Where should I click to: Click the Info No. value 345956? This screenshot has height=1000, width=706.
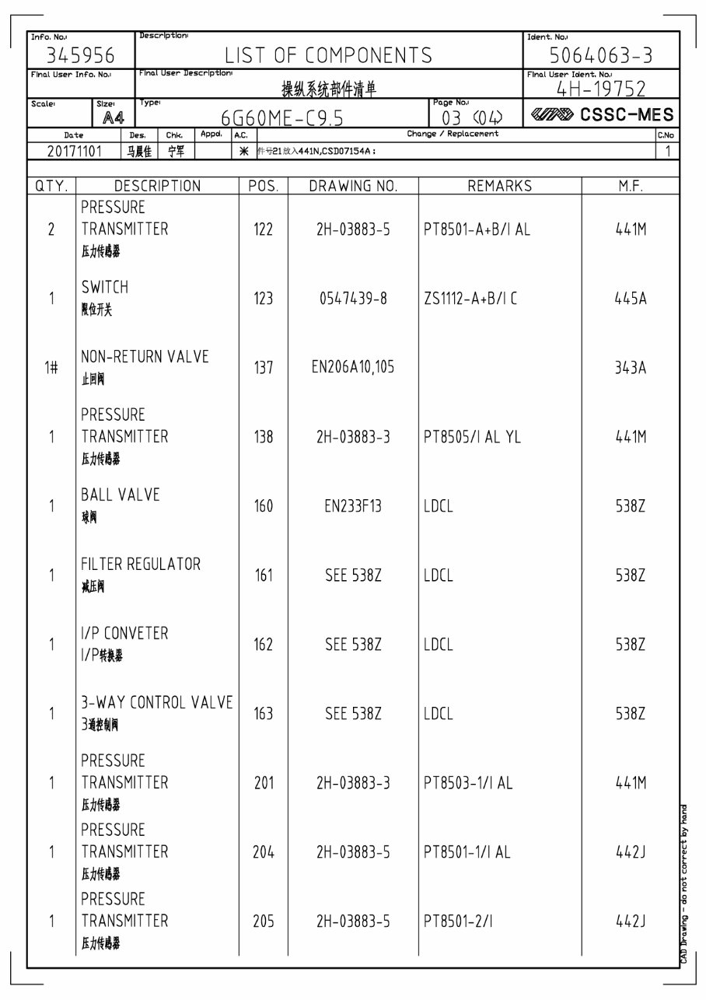[81, 56]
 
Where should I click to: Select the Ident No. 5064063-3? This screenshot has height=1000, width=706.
[601, 56]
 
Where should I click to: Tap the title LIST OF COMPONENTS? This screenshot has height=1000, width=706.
[329, 55]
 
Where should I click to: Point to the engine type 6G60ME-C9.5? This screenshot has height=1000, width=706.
[282, 117]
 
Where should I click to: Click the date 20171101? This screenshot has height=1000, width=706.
[75, 151]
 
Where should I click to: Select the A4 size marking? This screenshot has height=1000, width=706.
[114, 117]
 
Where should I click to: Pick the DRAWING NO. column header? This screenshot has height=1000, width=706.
[353, 186]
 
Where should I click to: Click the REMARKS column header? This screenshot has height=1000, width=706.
[499, 186]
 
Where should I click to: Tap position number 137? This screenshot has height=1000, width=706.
[264, 367]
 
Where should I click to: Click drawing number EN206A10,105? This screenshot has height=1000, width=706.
[353, 367]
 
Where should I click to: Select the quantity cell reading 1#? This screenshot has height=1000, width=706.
[51, 368]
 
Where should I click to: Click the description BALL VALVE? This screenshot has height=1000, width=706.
[121, 495]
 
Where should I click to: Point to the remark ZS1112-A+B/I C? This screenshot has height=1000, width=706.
[470, 299]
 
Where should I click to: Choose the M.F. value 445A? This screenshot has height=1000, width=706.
[631, 299]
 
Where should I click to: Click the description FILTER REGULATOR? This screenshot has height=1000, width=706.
[141, 564]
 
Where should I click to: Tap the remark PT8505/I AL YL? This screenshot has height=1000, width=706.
[473, 437]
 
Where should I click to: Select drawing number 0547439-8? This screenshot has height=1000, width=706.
[353, 299]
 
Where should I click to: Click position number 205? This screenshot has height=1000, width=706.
[264, 921]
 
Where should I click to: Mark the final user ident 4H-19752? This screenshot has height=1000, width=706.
[601, 89]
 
